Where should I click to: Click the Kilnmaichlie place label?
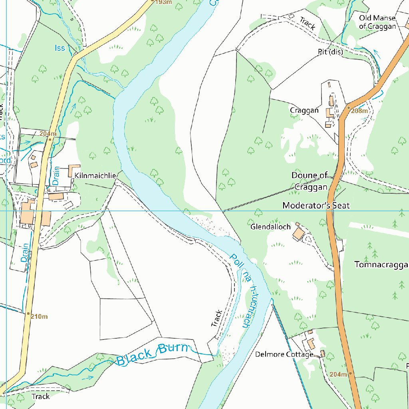tap(95, 176)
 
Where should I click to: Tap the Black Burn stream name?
tap(152, 354)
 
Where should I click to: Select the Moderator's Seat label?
tap(316, 205)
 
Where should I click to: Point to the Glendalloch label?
tap(270, 227)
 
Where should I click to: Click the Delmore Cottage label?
tap(284, 354)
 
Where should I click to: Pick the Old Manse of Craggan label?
tap(377, 22)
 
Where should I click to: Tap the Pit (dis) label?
tap(330, 52)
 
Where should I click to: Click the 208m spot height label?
tap(359, 111)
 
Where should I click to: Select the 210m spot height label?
tap(40, 317)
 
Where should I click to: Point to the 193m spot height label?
tap(163, 2)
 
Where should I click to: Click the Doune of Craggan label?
tap(310, 181)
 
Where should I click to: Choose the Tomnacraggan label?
tap(381, 265)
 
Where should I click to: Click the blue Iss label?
tap(60, 48)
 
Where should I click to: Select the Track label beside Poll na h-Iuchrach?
tap(216, 318)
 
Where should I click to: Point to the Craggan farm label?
tap(304, 110)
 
